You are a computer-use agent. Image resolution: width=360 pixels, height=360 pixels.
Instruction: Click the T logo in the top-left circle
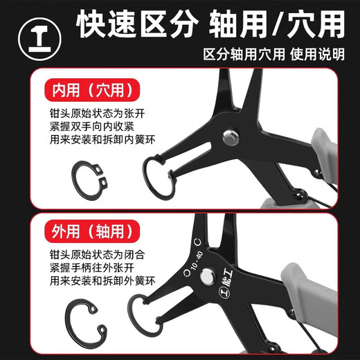pos(33,33)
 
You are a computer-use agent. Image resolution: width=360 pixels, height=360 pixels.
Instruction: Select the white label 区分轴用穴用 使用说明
pos(273,54)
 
